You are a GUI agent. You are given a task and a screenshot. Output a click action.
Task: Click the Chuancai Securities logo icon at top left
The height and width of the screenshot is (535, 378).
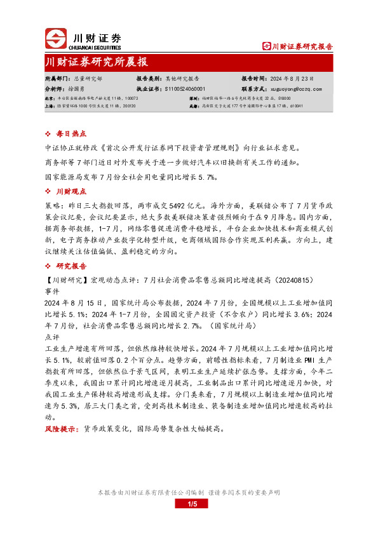(57, 39)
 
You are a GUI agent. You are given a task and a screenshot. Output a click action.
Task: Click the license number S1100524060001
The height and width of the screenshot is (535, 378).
(186, 90)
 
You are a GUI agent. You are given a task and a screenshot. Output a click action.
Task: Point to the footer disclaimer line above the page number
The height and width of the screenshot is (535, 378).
(189, 492)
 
